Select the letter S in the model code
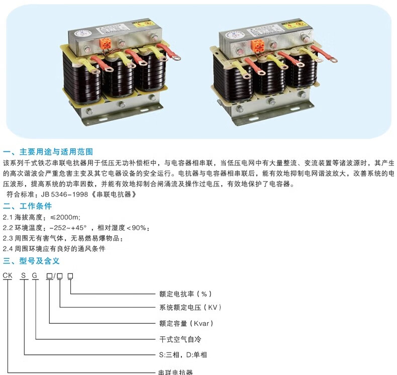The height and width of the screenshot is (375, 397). click(23, 275)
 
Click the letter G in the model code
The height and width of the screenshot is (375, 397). click(35, 275)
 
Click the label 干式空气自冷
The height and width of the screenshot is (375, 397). click(180, 339)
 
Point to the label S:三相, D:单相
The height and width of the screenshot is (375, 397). click(182, 355)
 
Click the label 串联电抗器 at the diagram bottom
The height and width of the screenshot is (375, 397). click(176, 372)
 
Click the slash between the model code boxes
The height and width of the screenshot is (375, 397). click(54, 275)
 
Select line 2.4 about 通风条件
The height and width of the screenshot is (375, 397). click(54, 249)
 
